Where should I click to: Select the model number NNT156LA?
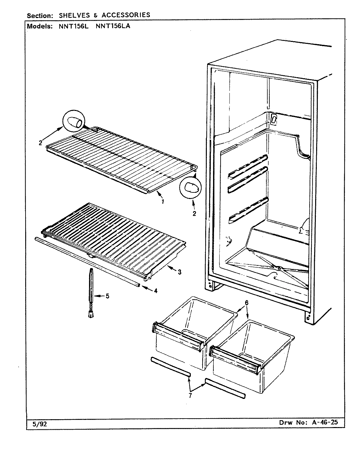click(113, 26)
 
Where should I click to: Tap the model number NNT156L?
click(74, 26)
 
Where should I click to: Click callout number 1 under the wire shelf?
click(163, 202)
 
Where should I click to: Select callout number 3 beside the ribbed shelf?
click(180, 272)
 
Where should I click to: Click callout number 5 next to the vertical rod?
click(107, 296)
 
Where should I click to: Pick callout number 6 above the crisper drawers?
click(247, 303)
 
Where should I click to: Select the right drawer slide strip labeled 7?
click(225, 388)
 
